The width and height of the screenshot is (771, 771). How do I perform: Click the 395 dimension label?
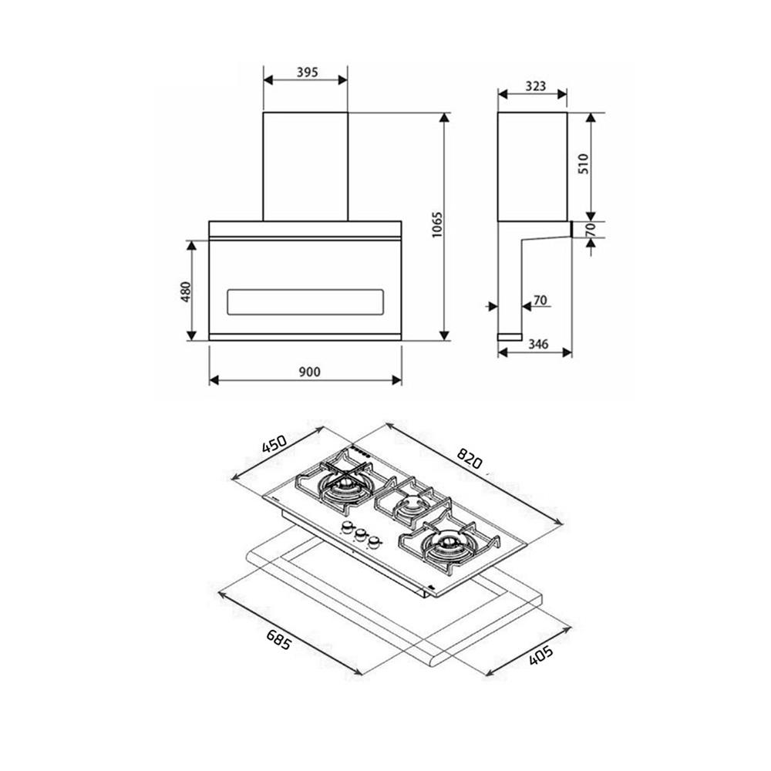point(308,72)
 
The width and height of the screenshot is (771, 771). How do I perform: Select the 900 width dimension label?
point(309,372)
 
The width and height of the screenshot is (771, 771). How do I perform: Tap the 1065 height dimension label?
point(437,225)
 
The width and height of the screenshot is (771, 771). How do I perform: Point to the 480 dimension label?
point(185,291)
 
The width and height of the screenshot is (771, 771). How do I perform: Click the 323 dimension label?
point(536,86)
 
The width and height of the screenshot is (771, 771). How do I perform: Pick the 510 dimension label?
point(583,163)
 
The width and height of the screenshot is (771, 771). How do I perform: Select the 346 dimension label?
point(538,344)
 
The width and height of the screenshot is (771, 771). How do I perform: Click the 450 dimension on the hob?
point(274,445)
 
